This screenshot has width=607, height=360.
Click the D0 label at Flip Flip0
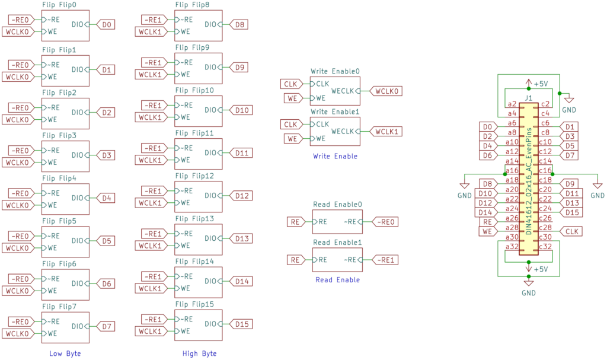click(x=107, y=25)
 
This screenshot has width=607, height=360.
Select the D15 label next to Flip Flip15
click(x=241, y=324)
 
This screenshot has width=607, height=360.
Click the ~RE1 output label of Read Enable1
click(x=386, y=259)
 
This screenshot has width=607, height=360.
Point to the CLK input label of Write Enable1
click(x=290, y=125)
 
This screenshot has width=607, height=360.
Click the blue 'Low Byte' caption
click(x=65, y=353)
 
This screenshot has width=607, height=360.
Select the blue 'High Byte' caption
click(x=200, y=353)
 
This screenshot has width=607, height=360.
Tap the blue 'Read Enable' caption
click(x=337, y=280)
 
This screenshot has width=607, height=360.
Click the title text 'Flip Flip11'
click(x=194, y=133)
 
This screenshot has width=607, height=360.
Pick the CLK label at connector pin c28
click(x=572, y=231)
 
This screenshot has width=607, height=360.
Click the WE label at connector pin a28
click(x=487, y=231)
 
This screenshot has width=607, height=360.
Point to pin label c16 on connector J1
click(x=545, y=170)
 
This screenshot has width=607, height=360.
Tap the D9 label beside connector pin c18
click(x=570, y=184)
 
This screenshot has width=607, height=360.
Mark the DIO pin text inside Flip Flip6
click(x=78, y=283)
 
